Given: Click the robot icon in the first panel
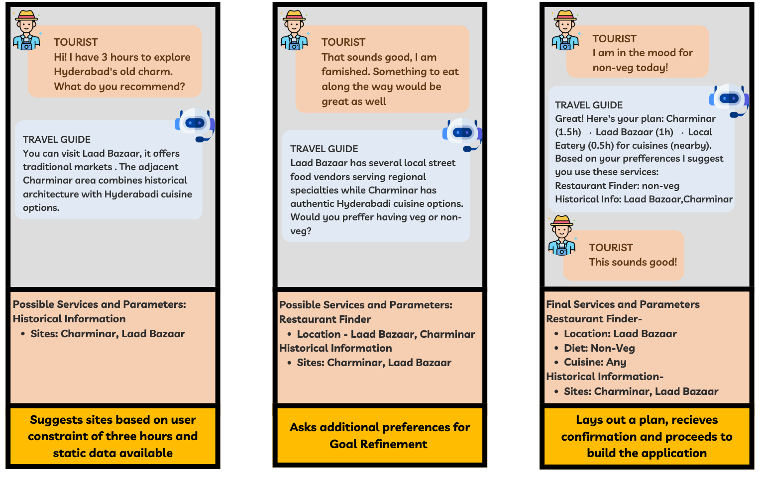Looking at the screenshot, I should tap(195, 124).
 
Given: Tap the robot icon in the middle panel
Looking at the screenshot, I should tap(463, 134).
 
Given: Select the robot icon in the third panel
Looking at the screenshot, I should tap(730, 99).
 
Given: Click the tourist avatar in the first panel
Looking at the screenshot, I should tap(26, 31).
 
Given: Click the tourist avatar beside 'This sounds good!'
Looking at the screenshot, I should tap(562, 236).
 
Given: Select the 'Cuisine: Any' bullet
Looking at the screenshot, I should tap(595, 362).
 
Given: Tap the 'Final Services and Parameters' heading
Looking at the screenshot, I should tap(623, 304).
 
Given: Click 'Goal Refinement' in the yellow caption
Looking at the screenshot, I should tap(378, 444).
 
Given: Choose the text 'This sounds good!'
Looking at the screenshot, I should tap(633, 262).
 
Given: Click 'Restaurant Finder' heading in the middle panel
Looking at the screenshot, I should tap(325, 319).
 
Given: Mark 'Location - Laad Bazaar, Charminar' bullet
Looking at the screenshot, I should tap(386, 334).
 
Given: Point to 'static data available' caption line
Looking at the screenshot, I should tap(113, 453).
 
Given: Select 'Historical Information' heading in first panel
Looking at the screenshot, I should tap(69, 319).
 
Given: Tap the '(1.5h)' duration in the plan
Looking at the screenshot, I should tap(568, 132).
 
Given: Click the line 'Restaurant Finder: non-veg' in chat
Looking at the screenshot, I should tap(617, 186).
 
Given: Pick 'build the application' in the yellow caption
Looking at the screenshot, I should tap(647, 453).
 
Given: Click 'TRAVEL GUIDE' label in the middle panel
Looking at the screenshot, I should tap(324, 149).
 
